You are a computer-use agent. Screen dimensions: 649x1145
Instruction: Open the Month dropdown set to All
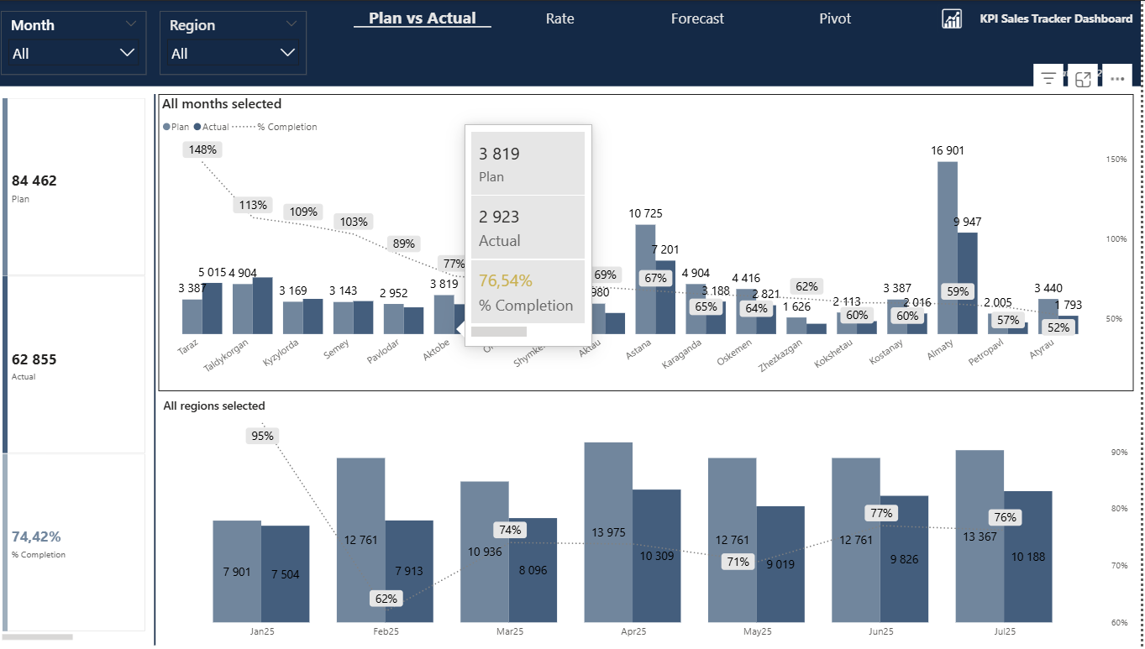point(73,54)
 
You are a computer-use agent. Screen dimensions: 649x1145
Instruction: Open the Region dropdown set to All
point(233,54)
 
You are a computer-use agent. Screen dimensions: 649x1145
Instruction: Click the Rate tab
point(559,18)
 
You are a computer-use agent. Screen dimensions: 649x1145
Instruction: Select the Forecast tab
point(697,18)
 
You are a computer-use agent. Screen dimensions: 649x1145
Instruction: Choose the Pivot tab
point(835,18)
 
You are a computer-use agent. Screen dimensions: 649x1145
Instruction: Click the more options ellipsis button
point(1117,78)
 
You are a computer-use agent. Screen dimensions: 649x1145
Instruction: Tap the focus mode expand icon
point(1083,78)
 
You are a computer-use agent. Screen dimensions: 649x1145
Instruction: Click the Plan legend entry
point(176,127)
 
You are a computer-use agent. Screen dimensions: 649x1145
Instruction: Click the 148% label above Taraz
point(202,149)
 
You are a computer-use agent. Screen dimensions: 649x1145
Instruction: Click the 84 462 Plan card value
point(34,181)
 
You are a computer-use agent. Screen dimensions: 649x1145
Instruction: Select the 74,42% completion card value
point(36,536)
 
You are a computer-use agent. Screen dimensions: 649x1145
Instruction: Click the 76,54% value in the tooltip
point(506,280)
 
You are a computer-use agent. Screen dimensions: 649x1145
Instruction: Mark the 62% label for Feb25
point(386,599)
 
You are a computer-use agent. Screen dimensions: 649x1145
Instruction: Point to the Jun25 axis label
point(881,631)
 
